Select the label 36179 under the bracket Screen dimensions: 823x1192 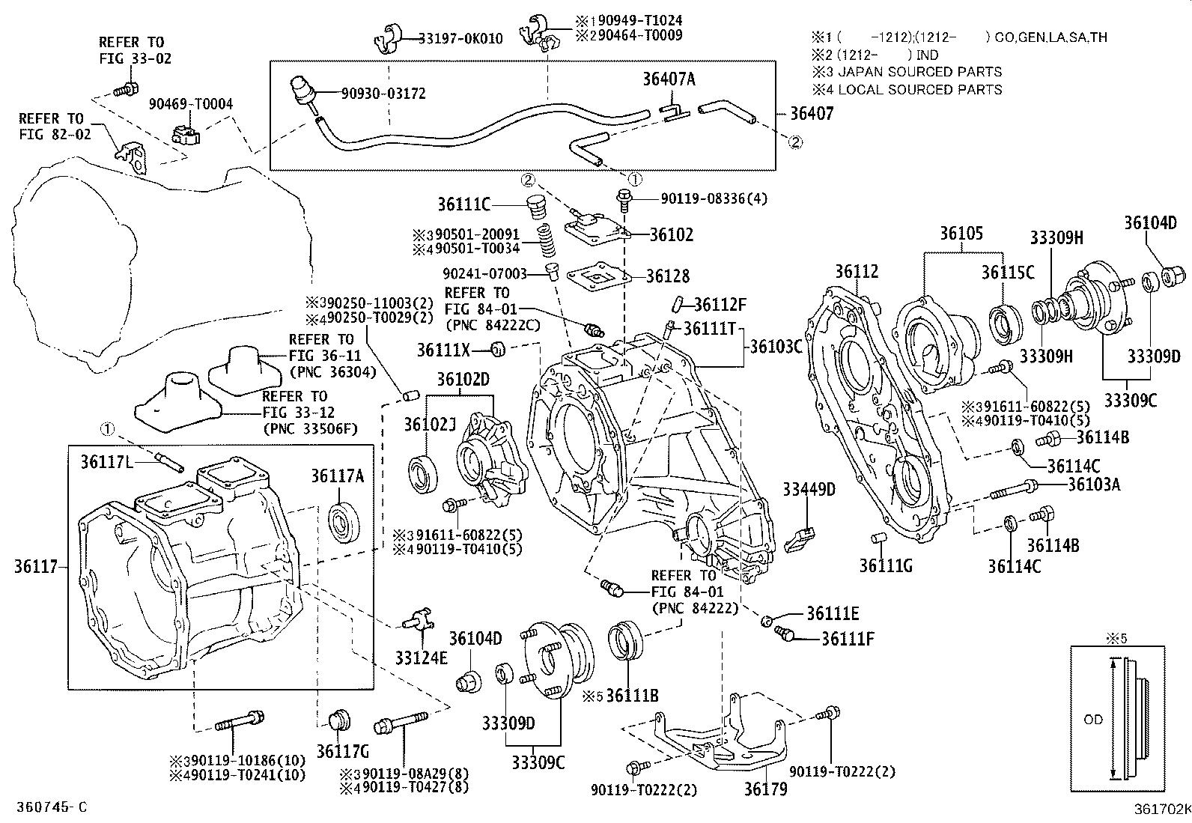765,789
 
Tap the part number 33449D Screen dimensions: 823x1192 809,490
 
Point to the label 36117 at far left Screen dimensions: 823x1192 36,566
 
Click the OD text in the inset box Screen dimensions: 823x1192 1093,720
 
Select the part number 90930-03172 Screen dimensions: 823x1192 383,94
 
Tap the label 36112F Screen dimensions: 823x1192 720,305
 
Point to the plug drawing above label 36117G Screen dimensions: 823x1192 339,717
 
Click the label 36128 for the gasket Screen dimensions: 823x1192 668,276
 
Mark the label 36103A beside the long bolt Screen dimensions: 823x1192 1094,484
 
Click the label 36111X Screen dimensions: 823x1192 454,349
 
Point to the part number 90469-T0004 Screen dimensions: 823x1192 190,104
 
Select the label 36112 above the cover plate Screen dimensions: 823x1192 857,271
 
